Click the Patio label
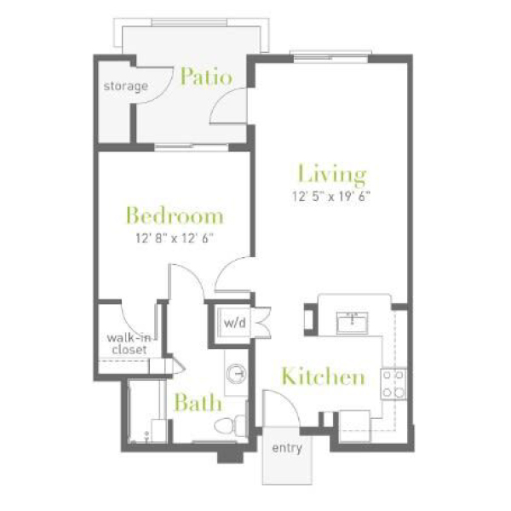click(207, 77)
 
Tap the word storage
click(126, 86)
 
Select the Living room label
click(332, 175)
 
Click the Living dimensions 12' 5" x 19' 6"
click(331, 197)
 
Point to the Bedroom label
click(175, 215)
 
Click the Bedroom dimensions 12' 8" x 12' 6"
click(175, 238)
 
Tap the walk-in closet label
click(129, 343)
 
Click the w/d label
click(235, 323)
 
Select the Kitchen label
click(323, 376)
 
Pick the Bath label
click(198, 403)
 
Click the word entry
click(287, 448)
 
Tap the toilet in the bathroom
click(230, 426)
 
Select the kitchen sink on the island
click(353, 322)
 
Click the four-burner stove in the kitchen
click(393, 384)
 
